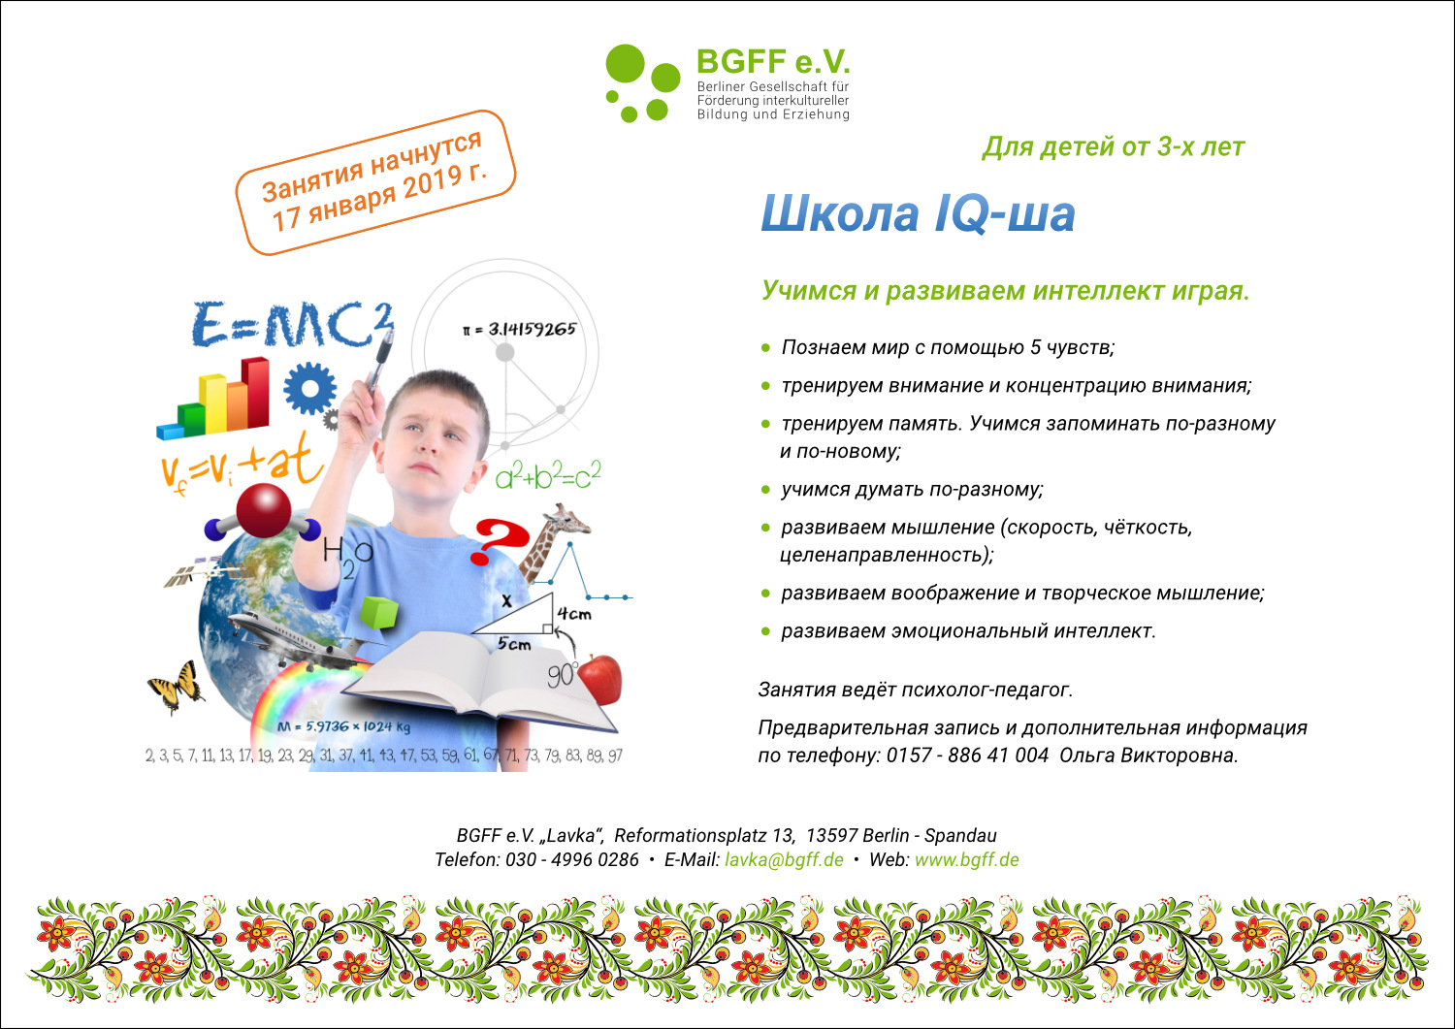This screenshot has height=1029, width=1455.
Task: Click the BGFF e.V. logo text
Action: tap(773, 62)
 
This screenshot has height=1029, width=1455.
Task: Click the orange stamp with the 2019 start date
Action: tap(375, 182)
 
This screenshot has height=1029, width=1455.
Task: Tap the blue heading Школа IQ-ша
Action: tap(918, 213)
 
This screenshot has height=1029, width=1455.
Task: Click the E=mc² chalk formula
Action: tap(292, 324)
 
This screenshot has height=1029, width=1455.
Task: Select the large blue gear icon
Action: tap(310, 389)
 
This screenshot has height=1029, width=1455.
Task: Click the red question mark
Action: tap(501, 540)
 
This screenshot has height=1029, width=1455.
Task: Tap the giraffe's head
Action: tap(566, 519)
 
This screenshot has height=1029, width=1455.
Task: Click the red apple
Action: tap(600, 679)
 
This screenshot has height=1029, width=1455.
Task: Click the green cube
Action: tap(378, 613)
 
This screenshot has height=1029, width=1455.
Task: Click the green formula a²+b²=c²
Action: tap(548, 475)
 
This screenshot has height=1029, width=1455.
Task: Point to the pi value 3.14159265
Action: tap(532, 330)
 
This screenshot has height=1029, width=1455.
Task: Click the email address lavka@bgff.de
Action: tap(784, 859)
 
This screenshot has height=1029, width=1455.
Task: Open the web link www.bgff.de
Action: tap(966, 859)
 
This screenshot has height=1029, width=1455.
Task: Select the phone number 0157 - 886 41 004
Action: tap(967, 755)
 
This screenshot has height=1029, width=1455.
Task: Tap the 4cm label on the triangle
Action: tap(574, 614)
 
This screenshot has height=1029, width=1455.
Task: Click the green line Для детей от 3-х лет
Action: tap(1114, 146)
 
